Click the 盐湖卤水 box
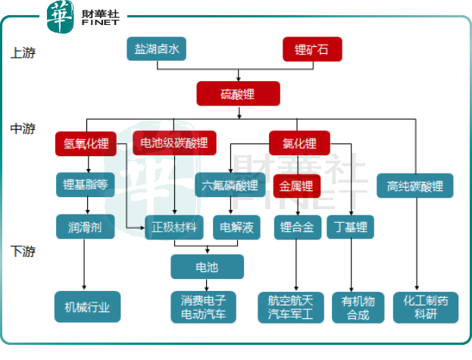[x=156, y=49]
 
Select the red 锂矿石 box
[x=312, y=50]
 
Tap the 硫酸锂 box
[x=239, y=93]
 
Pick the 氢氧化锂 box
[x=86, y=143]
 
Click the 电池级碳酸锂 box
[x=173, y=143]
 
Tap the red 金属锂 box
[x=295, y=185]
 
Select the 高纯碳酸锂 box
[x=414, y=186]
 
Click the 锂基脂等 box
[x=86, y=185]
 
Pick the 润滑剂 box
[x=85, y=227]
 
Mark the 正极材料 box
[x=174, y=227]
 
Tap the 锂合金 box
[x=296, y=227]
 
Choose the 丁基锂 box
[x=351, y=227]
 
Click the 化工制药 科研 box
[x=426, y=307]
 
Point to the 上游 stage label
[x=23, y=53]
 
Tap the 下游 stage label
[x=23, y=250]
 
